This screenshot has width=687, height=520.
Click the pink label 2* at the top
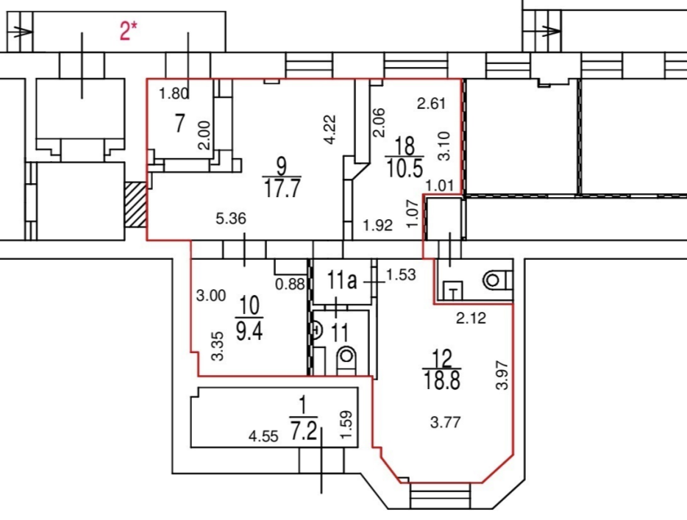[129, 31]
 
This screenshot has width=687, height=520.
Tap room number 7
[179, 123]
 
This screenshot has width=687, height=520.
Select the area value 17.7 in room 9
[282, 189]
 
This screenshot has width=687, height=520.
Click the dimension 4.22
[331, 129]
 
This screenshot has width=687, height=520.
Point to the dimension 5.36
[231, 218]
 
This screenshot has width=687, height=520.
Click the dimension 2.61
[431, 104]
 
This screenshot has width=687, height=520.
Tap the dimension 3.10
[444, 146]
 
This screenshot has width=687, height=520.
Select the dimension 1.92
[377, 225]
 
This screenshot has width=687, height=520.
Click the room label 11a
[342, 280]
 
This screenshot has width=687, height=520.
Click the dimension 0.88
[290, 285]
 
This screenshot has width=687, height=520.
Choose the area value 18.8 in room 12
[441, 380]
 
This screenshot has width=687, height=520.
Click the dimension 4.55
[263, 436]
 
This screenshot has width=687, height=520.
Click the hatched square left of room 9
[135, 205]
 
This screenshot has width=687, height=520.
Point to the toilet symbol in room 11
[346, 359]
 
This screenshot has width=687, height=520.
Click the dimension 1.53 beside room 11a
[400, 275]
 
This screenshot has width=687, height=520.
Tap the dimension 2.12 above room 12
[471, 318]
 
